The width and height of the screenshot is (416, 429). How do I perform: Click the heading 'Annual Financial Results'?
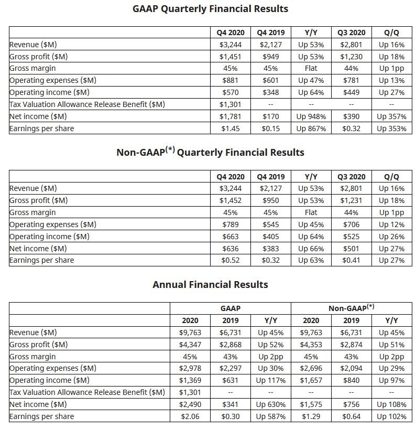[210, 285]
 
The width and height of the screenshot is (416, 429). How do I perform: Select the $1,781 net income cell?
[231, 116]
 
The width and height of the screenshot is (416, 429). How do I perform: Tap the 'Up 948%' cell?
[311, 116]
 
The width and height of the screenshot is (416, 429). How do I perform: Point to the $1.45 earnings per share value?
[231, 128]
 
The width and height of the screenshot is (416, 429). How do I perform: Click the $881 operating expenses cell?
[231, 80]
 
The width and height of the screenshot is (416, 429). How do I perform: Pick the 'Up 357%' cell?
[392, 116]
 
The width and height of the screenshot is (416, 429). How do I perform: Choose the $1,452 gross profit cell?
[231, 200]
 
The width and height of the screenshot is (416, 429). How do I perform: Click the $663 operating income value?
[231, 237]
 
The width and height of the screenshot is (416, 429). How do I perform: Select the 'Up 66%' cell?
[311, 249]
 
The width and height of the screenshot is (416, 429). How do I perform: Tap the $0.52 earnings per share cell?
[231, 260]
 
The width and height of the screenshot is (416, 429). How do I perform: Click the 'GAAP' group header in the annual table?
[231, 308]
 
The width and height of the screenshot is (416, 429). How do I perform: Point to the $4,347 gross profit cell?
[190, 345]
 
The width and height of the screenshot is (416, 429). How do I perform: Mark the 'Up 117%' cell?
[270, 380]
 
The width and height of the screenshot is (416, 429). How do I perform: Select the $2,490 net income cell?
[190, 404]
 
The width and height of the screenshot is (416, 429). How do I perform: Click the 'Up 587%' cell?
[270, 416]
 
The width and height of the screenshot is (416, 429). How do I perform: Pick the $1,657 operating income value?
[311, 380]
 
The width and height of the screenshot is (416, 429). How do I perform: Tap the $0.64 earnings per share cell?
[351, 416]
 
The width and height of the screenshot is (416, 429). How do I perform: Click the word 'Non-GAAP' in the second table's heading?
[141, 153]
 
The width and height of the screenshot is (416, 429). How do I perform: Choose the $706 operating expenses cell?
[351, 224]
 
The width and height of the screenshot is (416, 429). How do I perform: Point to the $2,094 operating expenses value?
[351, 368]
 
